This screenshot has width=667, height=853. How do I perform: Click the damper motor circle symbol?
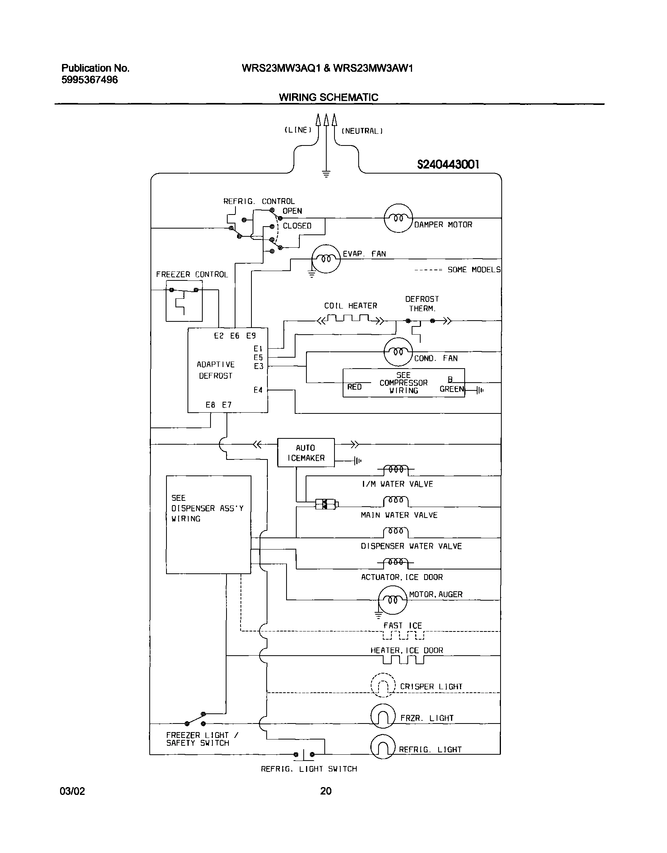coord(398,218)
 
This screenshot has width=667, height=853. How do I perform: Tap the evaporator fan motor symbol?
coord(325,259)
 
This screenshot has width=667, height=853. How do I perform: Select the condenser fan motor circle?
coord(398,352)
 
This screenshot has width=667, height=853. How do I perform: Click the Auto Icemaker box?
coord(306,452)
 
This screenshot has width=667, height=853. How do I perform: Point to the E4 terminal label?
coord(258,390)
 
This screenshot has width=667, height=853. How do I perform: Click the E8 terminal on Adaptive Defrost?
coord(210,405)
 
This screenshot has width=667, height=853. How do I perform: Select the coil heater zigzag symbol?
coord(350,319)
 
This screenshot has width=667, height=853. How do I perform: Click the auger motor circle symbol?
coord(393,600)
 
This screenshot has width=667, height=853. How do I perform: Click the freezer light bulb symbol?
coord(383,716)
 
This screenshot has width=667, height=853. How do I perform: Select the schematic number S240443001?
coord(448,165)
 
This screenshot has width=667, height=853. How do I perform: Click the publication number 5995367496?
coord(89,80)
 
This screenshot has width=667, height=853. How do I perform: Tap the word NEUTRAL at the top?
coord(362,131)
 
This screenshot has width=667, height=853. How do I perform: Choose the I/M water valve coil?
coord(396,469)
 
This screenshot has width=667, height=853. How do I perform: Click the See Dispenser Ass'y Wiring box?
coord(208,524)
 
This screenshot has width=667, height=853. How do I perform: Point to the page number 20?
coord(326,791)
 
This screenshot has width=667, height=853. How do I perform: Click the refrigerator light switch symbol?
coord(304,755)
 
